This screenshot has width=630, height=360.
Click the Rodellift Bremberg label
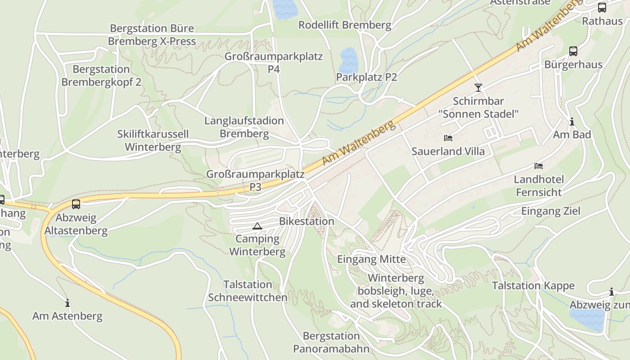[345, 25]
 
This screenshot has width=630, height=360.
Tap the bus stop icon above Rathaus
[602, 8]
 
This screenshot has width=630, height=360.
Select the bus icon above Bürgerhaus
[573, 51]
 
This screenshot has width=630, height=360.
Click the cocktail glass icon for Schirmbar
[478, 87]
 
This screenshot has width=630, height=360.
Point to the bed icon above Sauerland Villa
[448, 138]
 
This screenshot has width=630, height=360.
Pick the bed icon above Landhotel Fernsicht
[539, 166]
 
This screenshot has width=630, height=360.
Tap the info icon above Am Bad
[572, 121]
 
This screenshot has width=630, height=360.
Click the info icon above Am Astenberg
[67, 303]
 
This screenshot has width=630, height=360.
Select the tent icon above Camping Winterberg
[257, 226]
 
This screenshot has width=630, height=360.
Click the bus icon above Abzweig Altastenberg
[76, 204]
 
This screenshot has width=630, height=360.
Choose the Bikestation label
[306, 221]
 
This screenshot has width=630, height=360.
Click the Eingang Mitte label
[371, 259]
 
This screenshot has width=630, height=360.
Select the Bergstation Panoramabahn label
[331, 342]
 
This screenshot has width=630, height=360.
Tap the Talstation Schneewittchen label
[247, 291]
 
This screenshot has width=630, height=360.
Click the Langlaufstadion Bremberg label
[244, 127]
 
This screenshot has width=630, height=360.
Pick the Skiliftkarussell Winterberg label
[153, 140]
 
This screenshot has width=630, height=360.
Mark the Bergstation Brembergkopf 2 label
[101, 76]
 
